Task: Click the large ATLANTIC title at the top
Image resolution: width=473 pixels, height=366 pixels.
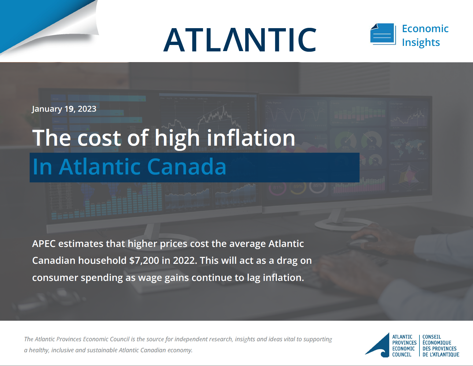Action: point(240,40)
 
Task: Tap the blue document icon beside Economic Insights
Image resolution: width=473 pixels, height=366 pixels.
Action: point(383,34)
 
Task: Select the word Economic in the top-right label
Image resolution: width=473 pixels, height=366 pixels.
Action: point(425,28)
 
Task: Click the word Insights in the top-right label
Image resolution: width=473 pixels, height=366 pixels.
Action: point(421,43)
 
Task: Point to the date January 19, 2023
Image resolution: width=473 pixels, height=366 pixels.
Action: point(64,109)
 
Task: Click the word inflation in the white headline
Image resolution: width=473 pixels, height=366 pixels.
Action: point(251,138)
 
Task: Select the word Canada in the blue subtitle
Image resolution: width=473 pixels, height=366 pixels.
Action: point(187,167)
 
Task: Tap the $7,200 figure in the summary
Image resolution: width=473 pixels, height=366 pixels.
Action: point(144,260)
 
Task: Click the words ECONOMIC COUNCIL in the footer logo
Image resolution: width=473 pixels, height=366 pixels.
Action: point(403,352)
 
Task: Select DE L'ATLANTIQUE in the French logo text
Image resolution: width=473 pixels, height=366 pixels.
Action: point(441,355)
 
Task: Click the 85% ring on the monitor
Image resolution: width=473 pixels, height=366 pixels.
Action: point(318,186)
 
